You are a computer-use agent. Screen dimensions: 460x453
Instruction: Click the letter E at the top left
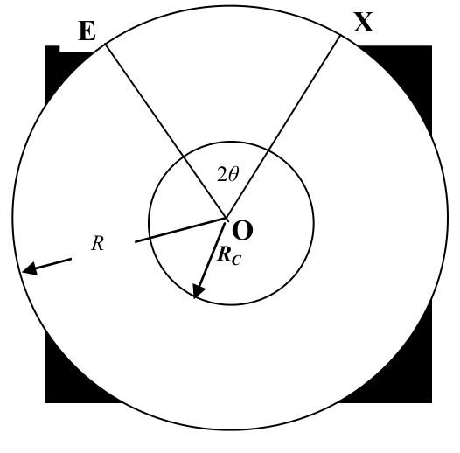coord(87,31)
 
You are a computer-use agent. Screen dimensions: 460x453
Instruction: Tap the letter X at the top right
coord(363,22)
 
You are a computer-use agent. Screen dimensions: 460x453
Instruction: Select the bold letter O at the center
coord(242,230)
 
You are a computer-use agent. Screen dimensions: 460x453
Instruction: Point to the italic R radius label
coord(97,243)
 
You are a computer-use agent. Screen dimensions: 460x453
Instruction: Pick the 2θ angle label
coord(228,174)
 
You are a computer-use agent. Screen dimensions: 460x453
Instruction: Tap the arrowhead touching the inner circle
coord(198,291)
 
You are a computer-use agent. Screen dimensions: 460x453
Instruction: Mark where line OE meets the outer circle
coord(105,45)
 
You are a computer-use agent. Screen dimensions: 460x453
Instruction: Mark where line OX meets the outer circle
coord(340,35)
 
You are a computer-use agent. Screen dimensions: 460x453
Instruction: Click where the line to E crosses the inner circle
coord(184,157)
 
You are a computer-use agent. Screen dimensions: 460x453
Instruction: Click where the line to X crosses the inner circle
coord(268,150)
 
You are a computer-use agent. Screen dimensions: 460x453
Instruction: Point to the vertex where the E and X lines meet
coord(227,218)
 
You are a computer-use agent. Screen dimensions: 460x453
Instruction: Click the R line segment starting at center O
coord(181,230)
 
